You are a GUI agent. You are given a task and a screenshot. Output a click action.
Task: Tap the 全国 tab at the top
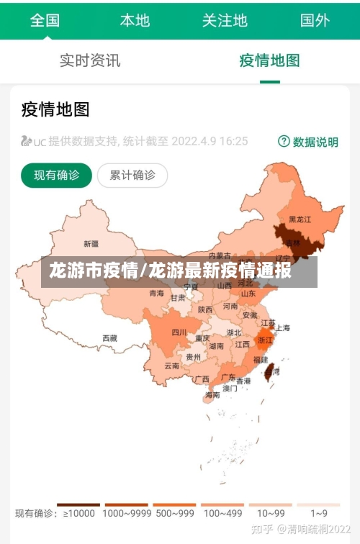(x=45, y=20)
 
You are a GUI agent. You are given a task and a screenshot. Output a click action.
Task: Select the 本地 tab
(x=135, y=20)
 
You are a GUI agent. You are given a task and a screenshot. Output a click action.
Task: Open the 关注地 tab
(x=225, y=20)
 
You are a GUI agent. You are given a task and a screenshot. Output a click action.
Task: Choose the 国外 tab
(x=315, y=20)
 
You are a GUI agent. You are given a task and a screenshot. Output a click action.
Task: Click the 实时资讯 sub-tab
(x=90, y=60)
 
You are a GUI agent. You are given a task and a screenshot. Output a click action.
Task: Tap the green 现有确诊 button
(x=56, y=175)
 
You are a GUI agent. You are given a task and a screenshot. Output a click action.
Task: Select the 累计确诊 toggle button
(x=132, y=175)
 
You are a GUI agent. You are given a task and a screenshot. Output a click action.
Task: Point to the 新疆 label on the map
(x=91, y=243)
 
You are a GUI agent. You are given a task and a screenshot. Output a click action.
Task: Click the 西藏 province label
(x=109, y=337)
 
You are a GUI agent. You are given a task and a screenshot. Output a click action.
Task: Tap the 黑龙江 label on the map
(x=300, y=219)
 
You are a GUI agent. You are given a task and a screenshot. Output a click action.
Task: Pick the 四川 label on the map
(x=179, y=332)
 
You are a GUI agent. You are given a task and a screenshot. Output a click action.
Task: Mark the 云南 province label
(x=171, y=366)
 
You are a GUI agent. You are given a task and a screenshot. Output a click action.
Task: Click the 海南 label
(x=212, y=395)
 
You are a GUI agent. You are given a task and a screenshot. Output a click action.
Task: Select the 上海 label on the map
(x=283, y=328)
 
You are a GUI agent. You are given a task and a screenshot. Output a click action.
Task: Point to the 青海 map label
(x=156, y=293)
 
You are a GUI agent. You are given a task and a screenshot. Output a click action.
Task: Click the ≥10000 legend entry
(x=78, y=513)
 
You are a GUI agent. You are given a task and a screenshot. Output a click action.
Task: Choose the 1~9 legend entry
(x=319, y=513)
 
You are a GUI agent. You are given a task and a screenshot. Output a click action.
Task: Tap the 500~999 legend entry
(x=174, y=513)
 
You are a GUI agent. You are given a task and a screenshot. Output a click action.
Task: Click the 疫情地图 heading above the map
(x=55, y=109)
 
